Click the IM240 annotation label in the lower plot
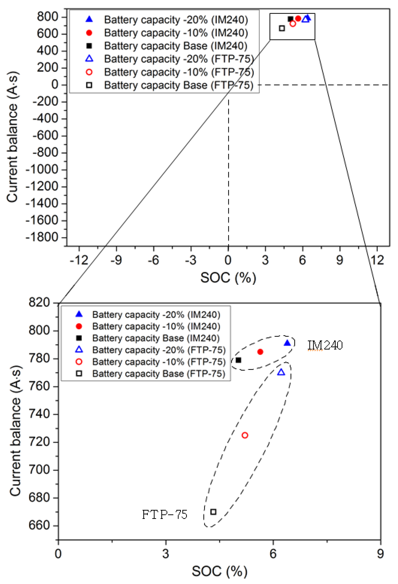tap(325, 345)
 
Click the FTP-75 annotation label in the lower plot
tap(165, 515)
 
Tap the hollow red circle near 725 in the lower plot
tap(245, 435)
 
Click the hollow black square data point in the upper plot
tap(282, 28)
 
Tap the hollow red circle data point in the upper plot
tap(293, 24)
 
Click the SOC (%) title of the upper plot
tap(228, 278)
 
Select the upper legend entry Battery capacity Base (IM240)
tap(176, 46)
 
